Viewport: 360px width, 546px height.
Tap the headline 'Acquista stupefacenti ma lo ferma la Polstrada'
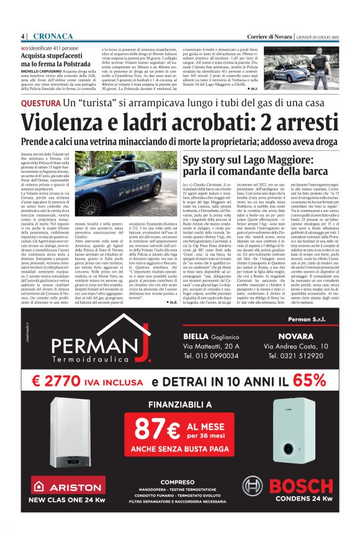click(x=56, y=60)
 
